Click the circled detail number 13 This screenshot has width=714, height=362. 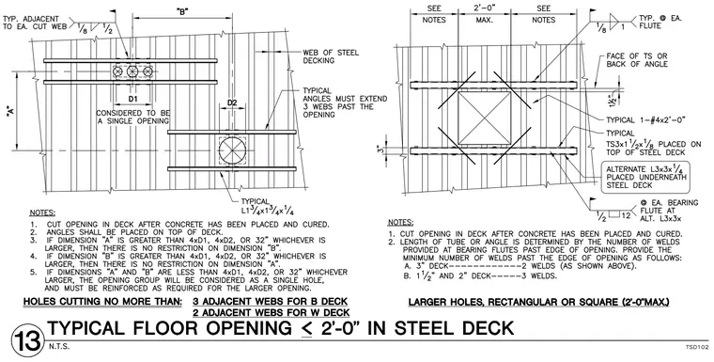click(28, 341)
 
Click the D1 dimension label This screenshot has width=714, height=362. click(132, 99)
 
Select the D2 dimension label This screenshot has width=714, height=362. click(232, 102)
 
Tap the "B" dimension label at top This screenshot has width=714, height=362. click(182, 11)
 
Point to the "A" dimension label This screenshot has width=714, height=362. click(9, 112)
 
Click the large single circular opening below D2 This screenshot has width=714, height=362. click(232, 150)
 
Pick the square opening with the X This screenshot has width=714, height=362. click(484, 118)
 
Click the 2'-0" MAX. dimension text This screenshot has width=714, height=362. click(484, 14)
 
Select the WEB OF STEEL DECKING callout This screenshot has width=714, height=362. click(331, 56)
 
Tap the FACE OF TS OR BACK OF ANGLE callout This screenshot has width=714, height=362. click(637, 60)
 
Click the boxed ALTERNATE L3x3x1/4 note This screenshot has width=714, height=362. click(646, 177)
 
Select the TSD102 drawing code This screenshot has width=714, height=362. click(697, 347)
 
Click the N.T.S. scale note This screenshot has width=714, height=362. click(59, 347)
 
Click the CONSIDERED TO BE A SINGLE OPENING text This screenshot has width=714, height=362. click(132, 117)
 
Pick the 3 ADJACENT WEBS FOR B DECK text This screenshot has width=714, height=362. click(270, 302)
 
